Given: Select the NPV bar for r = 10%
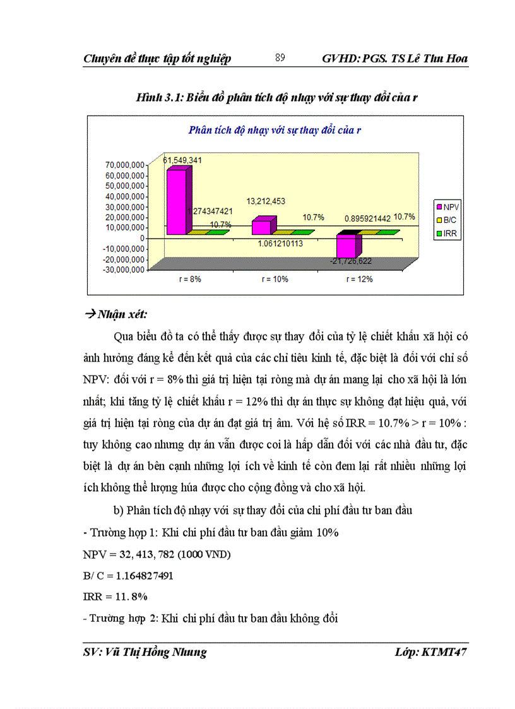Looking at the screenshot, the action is click(x=261, y=227).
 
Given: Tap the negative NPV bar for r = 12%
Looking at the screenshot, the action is click(x=346, y=244).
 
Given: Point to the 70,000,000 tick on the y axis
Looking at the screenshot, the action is click(x=124, y=165).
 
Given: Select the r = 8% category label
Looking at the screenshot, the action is click(x=189, y=279).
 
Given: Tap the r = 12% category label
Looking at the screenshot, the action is click(x=360, y=279).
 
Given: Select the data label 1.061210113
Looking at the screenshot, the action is click(x=275, y=244).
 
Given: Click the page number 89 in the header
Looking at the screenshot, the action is click(x=280, y=58).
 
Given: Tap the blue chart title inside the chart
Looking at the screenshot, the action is click(x=275, y=130).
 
